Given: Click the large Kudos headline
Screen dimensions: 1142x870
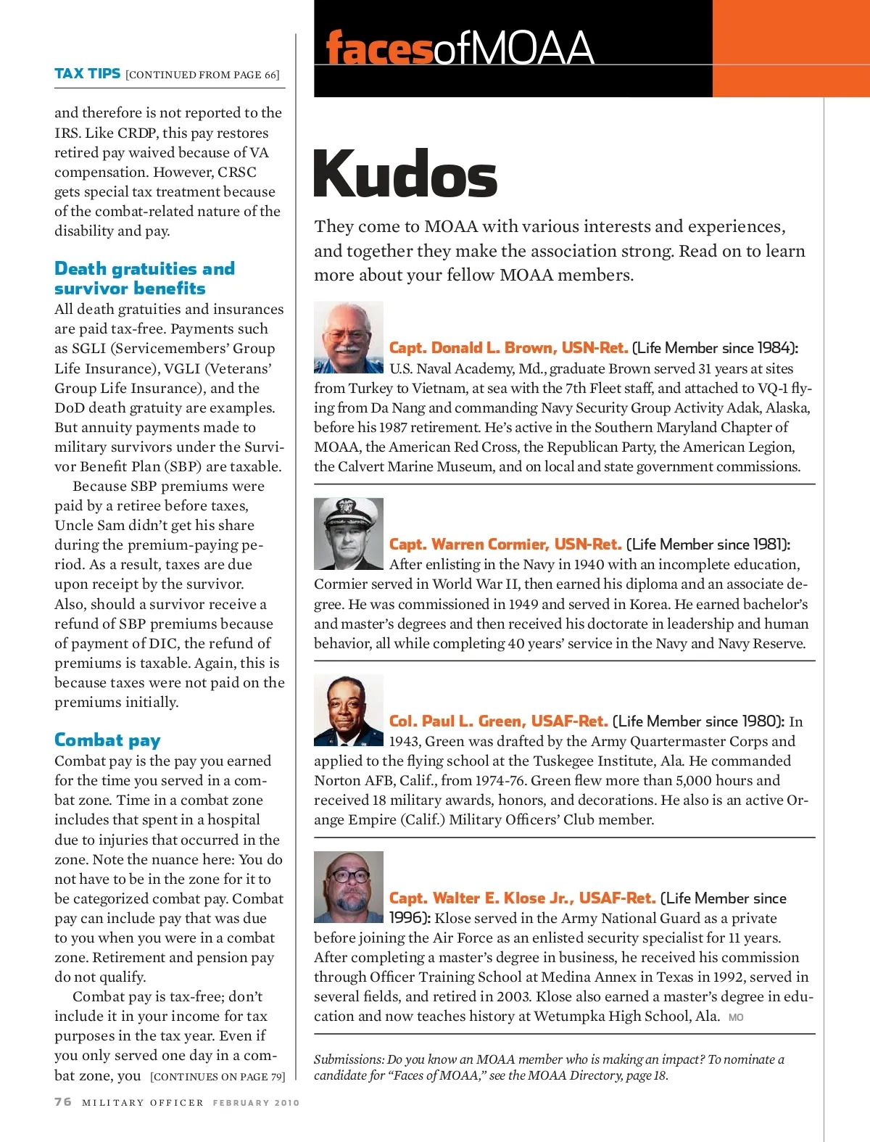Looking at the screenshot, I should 405,174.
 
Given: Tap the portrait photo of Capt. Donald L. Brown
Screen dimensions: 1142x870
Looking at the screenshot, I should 348,337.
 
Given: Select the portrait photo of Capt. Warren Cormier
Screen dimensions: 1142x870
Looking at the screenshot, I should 348,534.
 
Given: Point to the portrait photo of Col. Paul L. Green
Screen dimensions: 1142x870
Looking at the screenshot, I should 348,711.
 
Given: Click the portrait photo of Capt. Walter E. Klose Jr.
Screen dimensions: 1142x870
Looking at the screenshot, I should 348,887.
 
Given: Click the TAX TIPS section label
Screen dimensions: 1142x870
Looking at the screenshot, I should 87,73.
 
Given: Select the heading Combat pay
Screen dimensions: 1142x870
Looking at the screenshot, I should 107,740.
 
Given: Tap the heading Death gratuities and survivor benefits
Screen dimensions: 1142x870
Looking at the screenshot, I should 144,278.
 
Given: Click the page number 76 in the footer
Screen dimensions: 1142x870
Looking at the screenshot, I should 63,1101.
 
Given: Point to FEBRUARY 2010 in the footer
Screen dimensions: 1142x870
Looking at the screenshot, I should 256,1103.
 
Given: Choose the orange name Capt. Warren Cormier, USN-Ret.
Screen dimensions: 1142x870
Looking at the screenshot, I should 505,545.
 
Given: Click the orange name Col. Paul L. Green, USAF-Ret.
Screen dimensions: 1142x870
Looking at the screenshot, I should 498,721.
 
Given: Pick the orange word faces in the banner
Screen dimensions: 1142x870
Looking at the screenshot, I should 378,49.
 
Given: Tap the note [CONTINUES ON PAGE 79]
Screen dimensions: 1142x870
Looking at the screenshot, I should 217,1077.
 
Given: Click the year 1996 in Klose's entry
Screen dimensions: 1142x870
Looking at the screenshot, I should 407,918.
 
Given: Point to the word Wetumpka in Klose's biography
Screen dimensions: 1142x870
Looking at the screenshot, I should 568,1016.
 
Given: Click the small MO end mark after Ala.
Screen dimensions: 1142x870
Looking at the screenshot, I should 736,1017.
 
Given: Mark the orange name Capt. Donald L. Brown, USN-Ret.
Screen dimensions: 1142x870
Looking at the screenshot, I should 508,348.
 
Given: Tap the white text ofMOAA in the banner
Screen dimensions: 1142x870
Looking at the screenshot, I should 513,49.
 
